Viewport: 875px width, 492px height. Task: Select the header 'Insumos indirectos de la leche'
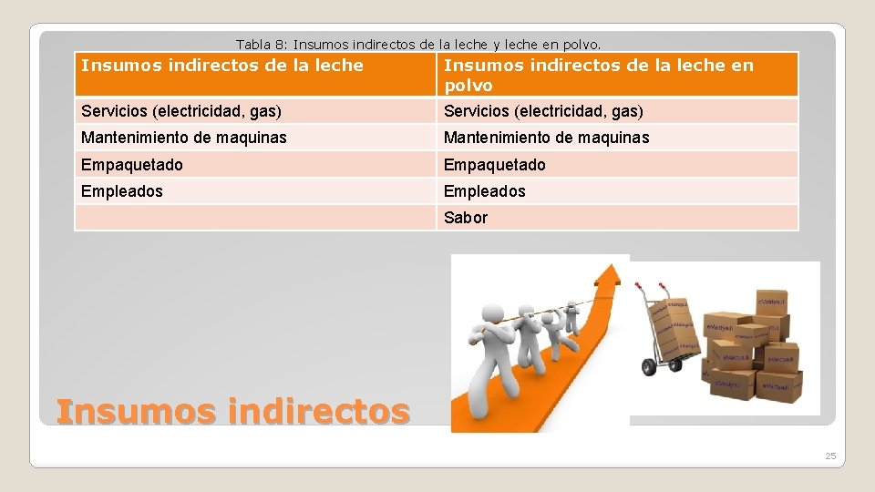click(x=222, y=66)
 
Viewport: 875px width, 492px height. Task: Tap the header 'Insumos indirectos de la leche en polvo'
click(x=598, y=75)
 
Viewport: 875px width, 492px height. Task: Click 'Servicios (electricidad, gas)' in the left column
click(x=181, y=111)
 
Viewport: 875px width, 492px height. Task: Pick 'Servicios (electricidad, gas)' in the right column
click(x=543, y=111)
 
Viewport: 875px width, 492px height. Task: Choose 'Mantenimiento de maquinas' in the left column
click(x=184, y=138)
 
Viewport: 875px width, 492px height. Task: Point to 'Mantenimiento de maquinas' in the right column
click(x=546, y=138)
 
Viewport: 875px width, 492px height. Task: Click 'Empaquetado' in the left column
click(x=132, y=165)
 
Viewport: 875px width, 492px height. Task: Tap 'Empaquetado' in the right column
click(x=494, y=165)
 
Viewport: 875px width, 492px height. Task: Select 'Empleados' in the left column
click(x=122, y=191)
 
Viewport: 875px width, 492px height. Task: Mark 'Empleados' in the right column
click(x=484, y=191)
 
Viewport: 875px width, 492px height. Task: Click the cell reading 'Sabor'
click(x=466, y=218)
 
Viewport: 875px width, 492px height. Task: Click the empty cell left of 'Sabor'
click(x=255, y=218)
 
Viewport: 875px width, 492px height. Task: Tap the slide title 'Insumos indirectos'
click(x=232, y=412)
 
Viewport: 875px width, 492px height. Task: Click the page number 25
click(x=830, y=456)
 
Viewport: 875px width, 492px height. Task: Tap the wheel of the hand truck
click(x=649, y=366)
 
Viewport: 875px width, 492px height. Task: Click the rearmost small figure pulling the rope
click(x=571, y=314)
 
